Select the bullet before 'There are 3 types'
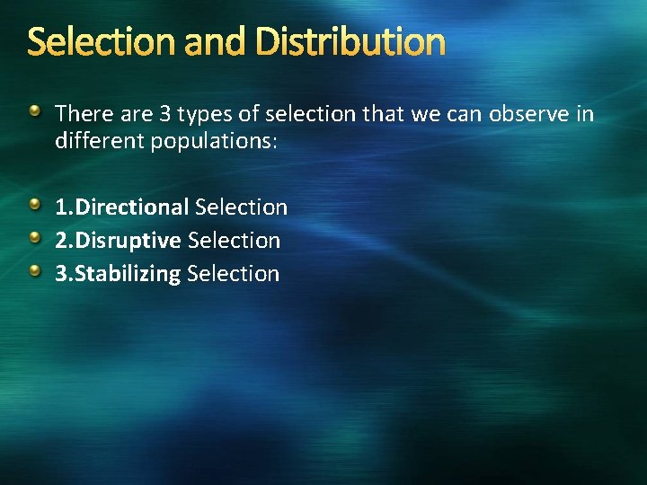34,111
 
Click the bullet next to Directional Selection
34,206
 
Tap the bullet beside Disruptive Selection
34,239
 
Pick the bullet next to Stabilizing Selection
34,272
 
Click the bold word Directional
131,207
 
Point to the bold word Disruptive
129,241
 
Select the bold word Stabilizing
128,274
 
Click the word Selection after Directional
241,207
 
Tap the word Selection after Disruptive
234,241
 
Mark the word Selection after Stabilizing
233,274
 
